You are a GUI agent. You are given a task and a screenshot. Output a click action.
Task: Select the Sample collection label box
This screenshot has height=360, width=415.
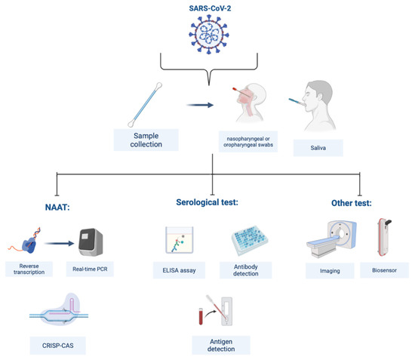pyautogui.click(x=146, y=140)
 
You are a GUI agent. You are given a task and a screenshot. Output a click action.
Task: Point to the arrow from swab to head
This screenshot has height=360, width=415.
pyautogui.click(x=200, y=107)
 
